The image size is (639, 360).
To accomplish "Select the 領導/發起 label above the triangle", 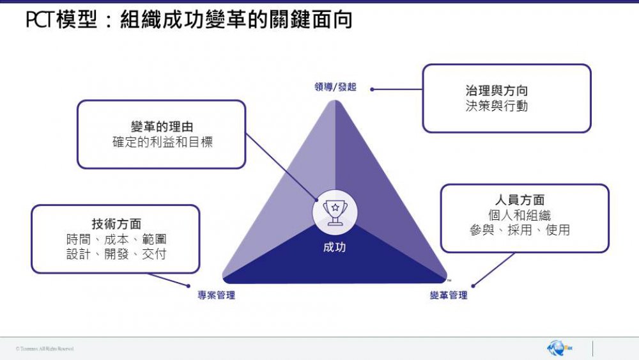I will (335, 88).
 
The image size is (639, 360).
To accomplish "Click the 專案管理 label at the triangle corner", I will (216, 295).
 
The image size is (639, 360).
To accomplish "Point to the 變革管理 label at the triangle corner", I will (449, 295).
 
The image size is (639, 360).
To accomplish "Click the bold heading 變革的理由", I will (162, 127).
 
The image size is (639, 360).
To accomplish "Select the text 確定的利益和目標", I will (162, 142).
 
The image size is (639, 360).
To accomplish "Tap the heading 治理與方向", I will (506, 91).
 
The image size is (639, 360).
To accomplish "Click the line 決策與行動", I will (506, 106).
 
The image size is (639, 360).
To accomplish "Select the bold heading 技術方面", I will (116, 224).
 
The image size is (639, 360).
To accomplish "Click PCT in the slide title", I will (39, 20).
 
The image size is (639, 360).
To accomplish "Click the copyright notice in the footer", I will (45, 348).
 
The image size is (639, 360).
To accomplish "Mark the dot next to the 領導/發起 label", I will (373, 90).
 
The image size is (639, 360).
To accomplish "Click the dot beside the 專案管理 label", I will (189, 286).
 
